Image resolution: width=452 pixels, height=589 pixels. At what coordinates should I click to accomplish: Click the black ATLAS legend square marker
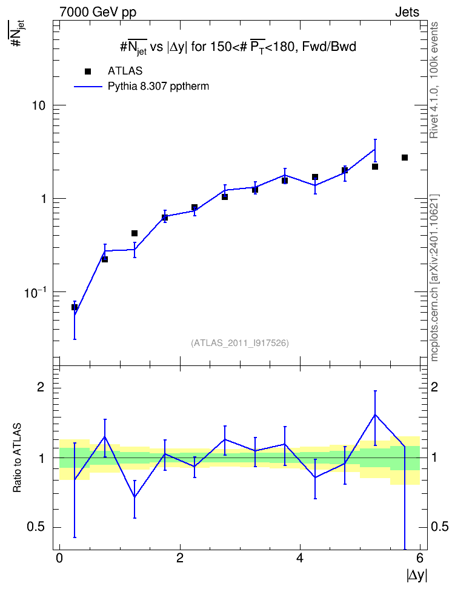pyautogui.click(x=88, y=72)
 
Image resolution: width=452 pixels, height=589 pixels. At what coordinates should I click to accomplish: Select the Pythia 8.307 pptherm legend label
pyautogui.click(x=158, y=87)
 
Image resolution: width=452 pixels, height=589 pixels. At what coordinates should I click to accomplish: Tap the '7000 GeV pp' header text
pyautogui.click(x=98, y=12)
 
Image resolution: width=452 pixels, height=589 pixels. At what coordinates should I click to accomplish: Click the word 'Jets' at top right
pyautogui.click(x=407, y=12)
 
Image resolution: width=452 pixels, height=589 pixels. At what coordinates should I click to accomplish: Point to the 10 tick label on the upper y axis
pyautogui.click(x=38, y=105)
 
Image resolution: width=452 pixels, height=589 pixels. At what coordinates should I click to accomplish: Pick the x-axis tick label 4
pyautogui.click(x=300, y=558)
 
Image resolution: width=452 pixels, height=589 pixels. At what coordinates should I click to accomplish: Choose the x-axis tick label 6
pyautogui.click(x=420, y=558)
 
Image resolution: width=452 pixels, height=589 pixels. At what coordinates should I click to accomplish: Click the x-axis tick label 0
pyautogui.click(x=59, y=558)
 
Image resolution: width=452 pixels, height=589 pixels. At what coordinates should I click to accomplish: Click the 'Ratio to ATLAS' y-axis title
pyautogui.click(x=17, y=458)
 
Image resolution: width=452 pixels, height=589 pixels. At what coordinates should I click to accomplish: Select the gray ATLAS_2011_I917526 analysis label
pyautogui.click(x=240, y=343)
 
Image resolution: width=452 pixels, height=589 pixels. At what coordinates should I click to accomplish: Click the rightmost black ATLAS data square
pyautogui.click(x=405, y=158)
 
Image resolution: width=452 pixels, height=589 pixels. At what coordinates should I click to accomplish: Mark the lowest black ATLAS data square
pyautogui.click(x=75, y=307)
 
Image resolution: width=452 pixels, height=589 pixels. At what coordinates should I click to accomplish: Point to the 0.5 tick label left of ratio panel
pyautogui.click(x=36, y=527)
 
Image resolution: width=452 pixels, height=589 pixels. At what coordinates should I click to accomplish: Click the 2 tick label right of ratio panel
pyautogui.click(x=434, y=387)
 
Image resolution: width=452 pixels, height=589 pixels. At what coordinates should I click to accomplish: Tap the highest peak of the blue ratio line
pyautogui.click(x=375, y=414)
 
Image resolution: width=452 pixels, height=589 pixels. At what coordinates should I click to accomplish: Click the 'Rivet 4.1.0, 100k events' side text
pyautogui.click(x=434, y=80)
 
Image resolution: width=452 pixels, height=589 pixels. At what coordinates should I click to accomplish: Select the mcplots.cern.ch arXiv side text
pyautogui.click(x=434, y=278)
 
